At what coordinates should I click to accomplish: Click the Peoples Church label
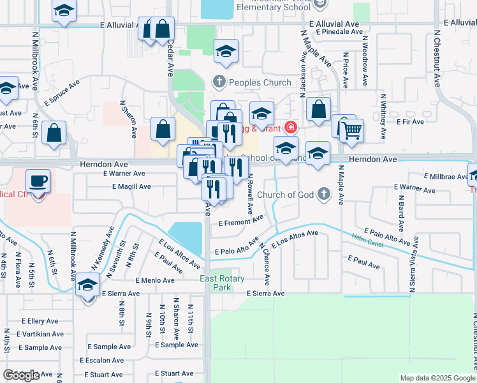[x=260, y=82]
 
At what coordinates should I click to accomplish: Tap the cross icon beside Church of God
[x=325, y=193]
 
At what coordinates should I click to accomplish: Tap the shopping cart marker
[x=351, y=131]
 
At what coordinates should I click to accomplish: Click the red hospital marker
[x=291, y=128]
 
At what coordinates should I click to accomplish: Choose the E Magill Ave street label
[x=131, y=187]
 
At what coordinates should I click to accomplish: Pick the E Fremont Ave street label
[x=240, y=222]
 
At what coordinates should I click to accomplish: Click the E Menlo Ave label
[x=154, y=280]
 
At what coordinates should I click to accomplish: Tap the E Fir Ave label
[x=410, y=121]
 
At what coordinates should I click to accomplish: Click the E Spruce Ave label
[x=62, y=92]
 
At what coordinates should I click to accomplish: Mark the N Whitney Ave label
[x=383, y=116]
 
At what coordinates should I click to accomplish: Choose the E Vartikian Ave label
[x=40, y=334]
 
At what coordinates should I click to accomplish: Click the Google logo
[x=22, y=375]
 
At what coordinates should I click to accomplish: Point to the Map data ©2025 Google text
[x=437, y=378]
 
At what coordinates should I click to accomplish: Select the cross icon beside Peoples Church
[x=218, y=82]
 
